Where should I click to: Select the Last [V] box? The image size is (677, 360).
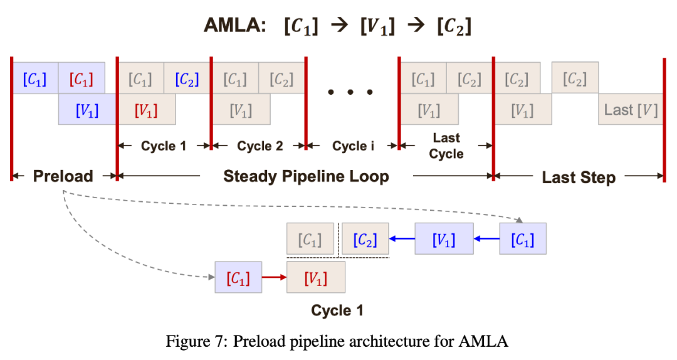pyautogui.click(x=631, y=110)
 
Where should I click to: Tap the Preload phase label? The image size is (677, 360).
pyautogui.click(x=63, y=176)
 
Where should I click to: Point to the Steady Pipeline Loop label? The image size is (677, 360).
pyautogui.click(x=306, y=176)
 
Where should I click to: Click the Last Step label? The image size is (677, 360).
pyautogui.click(x=579, y=177)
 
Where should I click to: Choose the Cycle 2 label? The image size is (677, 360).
pyautogui.click(x=260, y=146)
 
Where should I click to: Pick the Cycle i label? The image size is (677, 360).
pyautogui.click(x=353, y=146)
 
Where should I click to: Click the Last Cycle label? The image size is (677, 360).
pyautogui.click(x=446, y=146)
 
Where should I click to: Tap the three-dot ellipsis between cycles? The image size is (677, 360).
pyautogui.click(x=351, y=92)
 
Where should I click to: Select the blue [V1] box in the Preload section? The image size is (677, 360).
pyautogui.click(x=87, y=110)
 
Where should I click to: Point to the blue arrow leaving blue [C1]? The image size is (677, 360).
pyautogui.click(x=486, y=239)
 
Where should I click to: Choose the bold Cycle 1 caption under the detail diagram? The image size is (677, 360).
pyautogui.click(x=337, y=310)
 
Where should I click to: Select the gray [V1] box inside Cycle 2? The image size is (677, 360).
pyautogui.click(x=241, y=110)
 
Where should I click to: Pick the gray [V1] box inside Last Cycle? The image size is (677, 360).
pyautogui.click(x=429, y=110)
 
